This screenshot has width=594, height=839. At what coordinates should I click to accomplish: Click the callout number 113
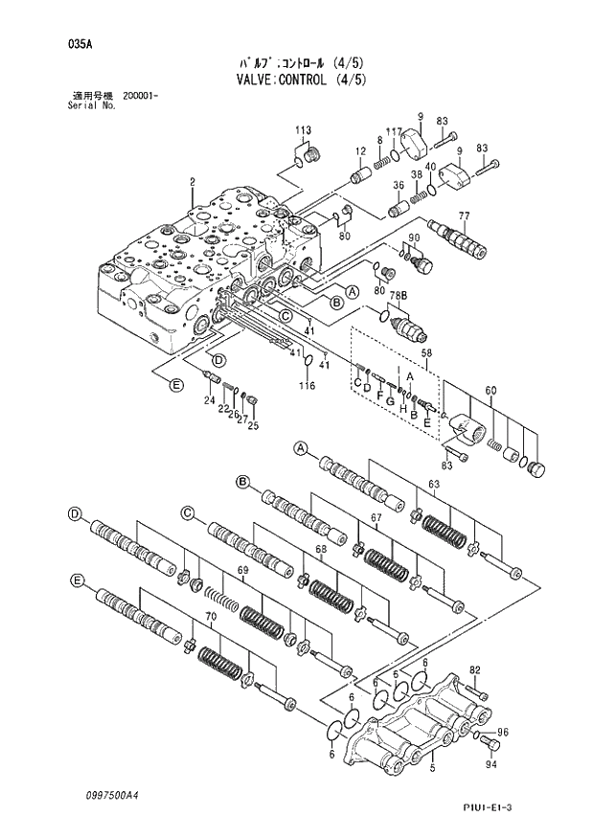tap(303, 130)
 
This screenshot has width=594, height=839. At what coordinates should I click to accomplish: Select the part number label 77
tap(464, 215)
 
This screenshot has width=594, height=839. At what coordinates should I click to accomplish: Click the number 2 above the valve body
tap(193, 182)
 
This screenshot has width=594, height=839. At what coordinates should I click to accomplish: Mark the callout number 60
tap(491, 390)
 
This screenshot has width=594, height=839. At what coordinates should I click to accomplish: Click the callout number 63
tap(433, 485)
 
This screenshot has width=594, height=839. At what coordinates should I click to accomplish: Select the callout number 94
tap(491, 764)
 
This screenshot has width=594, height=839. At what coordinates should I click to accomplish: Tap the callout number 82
tap(473, 669)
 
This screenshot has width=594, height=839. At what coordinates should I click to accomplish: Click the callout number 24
tap(208, 400)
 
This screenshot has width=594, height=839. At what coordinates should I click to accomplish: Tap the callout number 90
tap(414, 238)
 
